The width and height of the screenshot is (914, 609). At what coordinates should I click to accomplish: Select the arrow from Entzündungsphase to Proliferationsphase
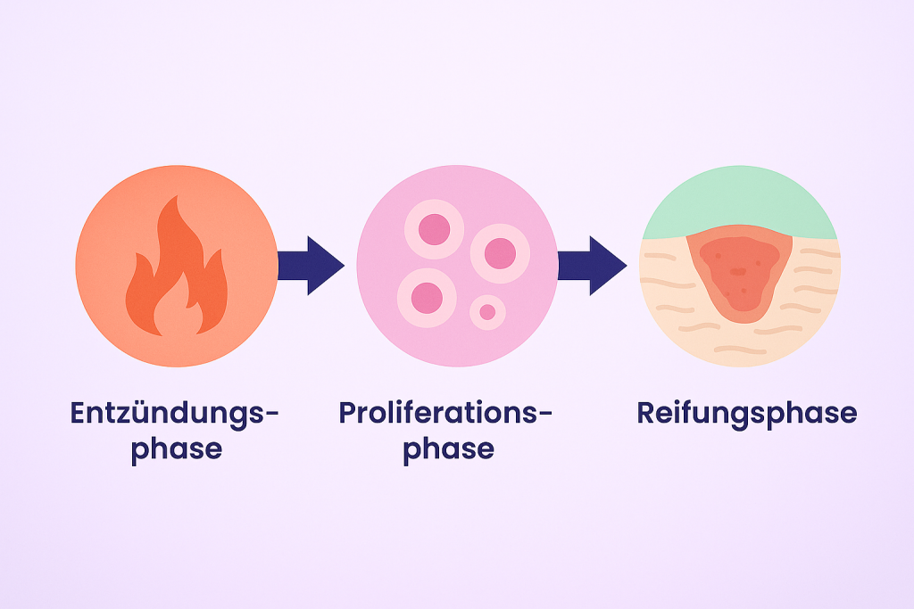(310, 265)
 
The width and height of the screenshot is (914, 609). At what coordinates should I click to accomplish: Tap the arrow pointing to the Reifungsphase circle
(591, 265)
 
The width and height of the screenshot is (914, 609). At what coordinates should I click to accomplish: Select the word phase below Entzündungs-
(176, 449)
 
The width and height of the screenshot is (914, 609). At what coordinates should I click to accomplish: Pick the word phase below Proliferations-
(448, 449)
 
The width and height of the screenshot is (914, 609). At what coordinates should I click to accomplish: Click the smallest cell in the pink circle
(487, 312)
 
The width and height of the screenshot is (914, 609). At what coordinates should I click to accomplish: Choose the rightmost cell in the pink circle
(500, 252)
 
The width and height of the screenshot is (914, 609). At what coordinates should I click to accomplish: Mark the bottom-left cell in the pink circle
(428, 297)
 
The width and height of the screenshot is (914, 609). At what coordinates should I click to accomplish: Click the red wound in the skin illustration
(737, 272)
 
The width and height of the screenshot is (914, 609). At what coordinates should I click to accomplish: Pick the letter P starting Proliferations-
(349, 414)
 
